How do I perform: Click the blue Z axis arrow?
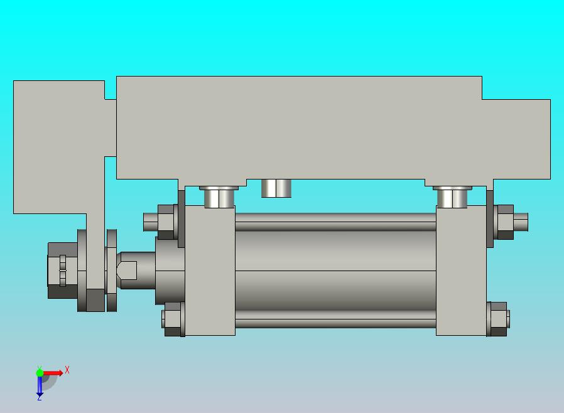40,386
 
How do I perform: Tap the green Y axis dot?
40,373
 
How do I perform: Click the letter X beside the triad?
67,370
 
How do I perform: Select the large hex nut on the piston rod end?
63,271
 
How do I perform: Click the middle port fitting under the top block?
276,188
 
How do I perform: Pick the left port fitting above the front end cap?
219,197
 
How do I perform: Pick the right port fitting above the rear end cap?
452,197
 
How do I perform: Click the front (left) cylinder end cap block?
210,271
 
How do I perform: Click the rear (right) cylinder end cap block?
461,271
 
